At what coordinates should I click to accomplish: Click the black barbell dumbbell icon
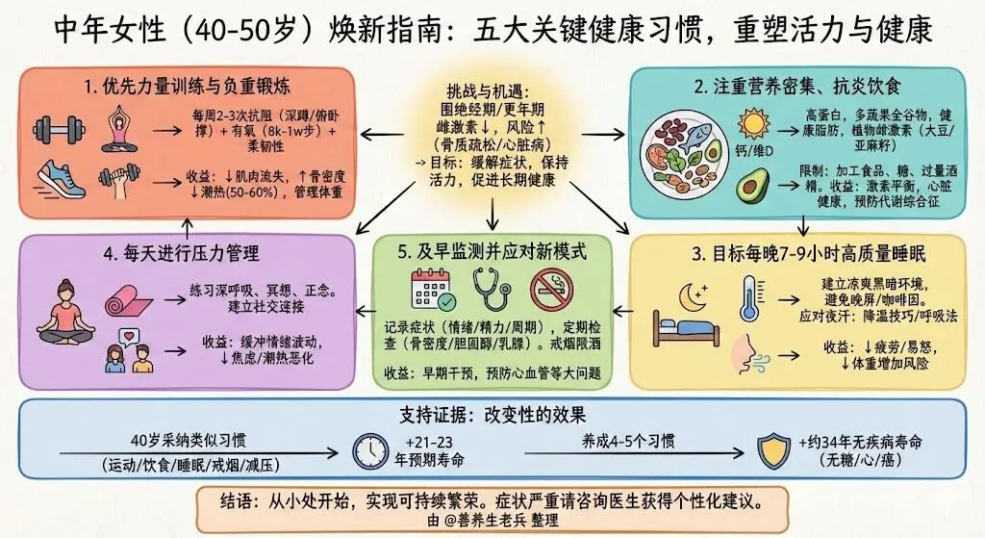[58, 130]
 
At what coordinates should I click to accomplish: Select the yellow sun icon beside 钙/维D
[747, 125]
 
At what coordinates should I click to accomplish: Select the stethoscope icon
[492, 290]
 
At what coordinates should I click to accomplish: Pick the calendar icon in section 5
[431, 288]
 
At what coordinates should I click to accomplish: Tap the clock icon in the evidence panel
[370, 450]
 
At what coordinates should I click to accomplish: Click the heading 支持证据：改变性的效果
[492, 415]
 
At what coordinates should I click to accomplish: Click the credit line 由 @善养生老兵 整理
[492, 520]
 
